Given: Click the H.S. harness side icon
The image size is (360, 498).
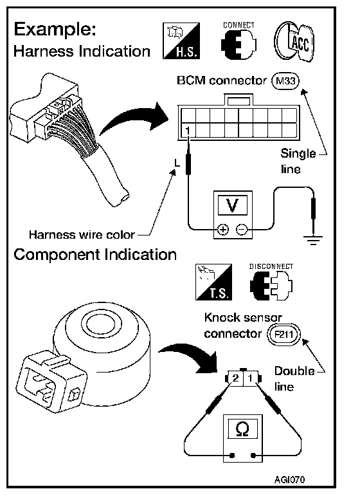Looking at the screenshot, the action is point(181,41).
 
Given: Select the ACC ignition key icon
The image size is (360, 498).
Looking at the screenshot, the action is point(294,41).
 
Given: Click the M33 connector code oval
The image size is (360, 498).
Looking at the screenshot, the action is point(285,81).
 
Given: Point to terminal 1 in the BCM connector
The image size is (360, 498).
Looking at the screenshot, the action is point(188,131).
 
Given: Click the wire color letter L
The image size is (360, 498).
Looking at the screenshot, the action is point(177,163).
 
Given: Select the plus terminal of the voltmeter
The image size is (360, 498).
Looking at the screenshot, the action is point(223,229).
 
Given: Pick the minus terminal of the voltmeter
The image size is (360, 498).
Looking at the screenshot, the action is point(242,229).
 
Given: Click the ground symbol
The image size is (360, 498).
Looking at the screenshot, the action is point(312,240).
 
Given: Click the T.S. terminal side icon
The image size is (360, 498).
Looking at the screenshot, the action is point(214,282).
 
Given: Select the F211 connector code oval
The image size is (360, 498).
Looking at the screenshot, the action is point(283,334).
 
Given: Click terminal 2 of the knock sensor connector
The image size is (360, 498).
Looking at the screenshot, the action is point(235,378).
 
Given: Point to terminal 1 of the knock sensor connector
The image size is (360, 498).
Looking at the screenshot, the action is point(250,378).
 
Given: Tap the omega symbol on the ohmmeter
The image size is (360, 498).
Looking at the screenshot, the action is point(243,429).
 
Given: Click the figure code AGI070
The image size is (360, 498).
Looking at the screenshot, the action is point(289,479).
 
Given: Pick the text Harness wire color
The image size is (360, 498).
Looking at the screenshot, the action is point(82,235).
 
